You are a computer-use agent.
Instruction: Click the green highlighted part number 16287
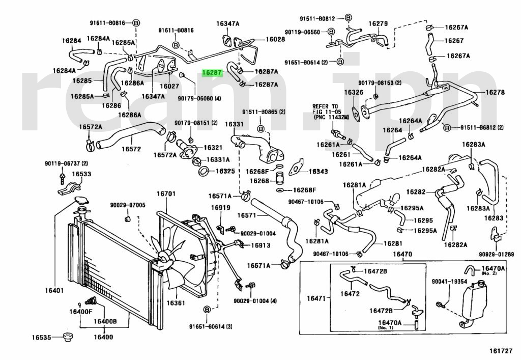(212, 73)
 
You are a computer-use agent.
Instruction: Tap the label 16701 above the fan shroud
(165, 194)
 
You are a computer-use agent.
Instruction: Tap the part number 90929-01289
(496, 254)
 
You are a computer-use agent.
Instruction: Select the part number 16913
(260, 245)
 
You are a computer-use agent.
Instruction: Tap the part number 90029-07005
(127, 205)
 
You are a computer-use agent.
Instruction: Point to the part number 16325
(225, 171)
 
